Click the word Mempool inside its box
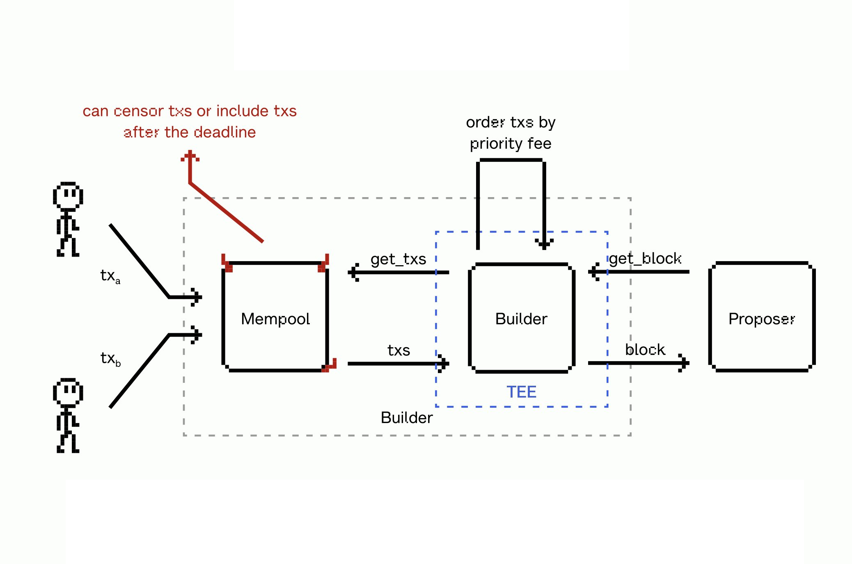[275, 319]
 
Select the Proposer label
[761, 319]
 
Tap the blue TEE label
[521, 392]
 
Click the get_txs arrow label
[398, 259]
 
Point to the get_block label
[645, 259]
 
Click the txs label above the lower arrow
[399, 350]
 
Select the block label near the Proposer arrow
[645, 350]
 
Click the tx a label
[110, 276]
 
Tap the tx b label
[110, 359]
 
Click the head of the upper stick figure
[68, 195]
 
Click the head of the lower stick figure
[68, 391]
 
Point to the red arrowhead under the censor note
[190, 156]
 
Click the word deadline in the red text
[224, 132]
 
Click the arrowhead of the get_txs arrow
[353, 272]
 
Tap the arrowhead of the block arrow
[684, 363]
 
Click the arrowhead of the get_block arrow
[593, 272]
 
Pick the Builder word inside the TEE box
[521, 319]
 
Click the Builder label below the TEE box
[406, 418]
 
